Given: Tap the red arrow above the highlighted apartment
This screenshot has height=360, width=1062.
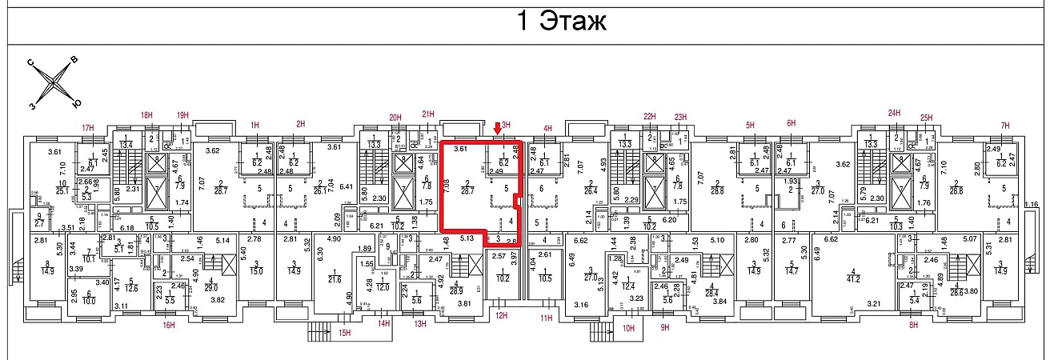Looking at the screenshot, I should coord(498,129).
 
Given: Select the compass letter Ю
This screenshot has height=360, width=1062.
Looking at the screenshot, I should coord(75,103).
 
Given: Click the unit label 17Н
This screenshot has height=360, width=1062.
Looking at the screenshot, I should coord(88,126).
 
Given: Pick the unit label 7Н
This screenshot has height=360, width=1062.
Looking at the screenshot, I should coord(1007,125).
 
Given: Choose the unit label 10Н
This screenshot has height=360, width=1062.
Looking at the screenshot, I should coord(628,328).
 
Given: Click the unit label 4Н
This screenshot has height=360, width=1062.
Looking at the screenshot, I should coord(548,126).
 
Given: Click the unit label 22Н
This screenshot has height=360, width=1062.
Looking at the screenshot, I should coord(650,117).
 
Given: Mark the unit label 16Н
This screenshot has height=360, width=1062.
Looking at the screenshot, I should coord(168,325).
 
